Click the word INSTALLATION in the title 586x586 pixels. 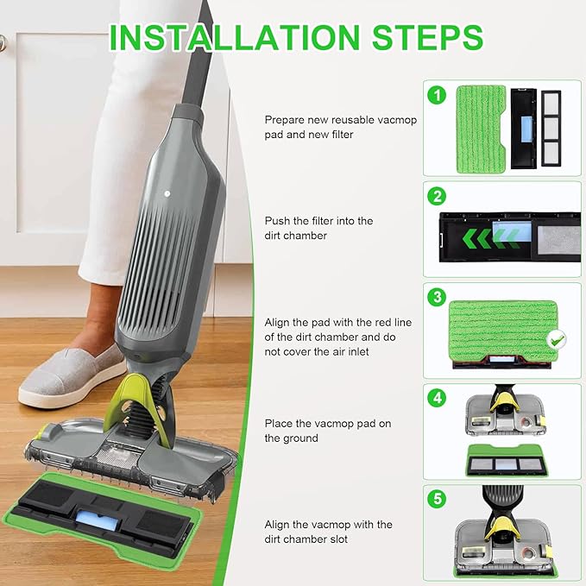click(235, 37)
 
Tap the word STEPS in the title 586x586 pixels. click(427, 37)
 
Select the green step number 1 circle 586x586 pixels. click(437, 95)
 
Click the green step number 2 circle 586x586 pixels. click(437, 196)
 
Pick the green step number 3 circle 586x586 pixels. click(437, 297)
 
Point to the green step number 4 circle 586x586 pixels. click(437, 398)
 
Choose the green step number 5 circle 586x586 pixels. click(437, 499)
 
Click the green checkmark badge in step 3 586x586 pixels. click(557, 340)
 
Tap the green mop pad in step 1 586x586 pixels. click(481, 129)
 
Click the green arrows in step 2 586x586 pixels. click(490, 238)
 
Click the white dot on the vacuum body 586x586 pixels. click(167, 193)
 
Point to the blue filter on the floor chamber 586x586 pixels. click(98, 520)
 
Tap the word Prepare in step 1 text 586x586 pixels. click(284, 120)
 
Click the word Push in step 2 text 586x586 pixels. click(277, 221)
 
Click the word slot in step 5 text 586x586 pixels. click(337, 539)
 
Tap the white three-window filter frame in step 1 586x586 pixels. click(551, 129)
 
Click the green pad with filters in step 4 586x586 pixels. click(507, 461)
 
